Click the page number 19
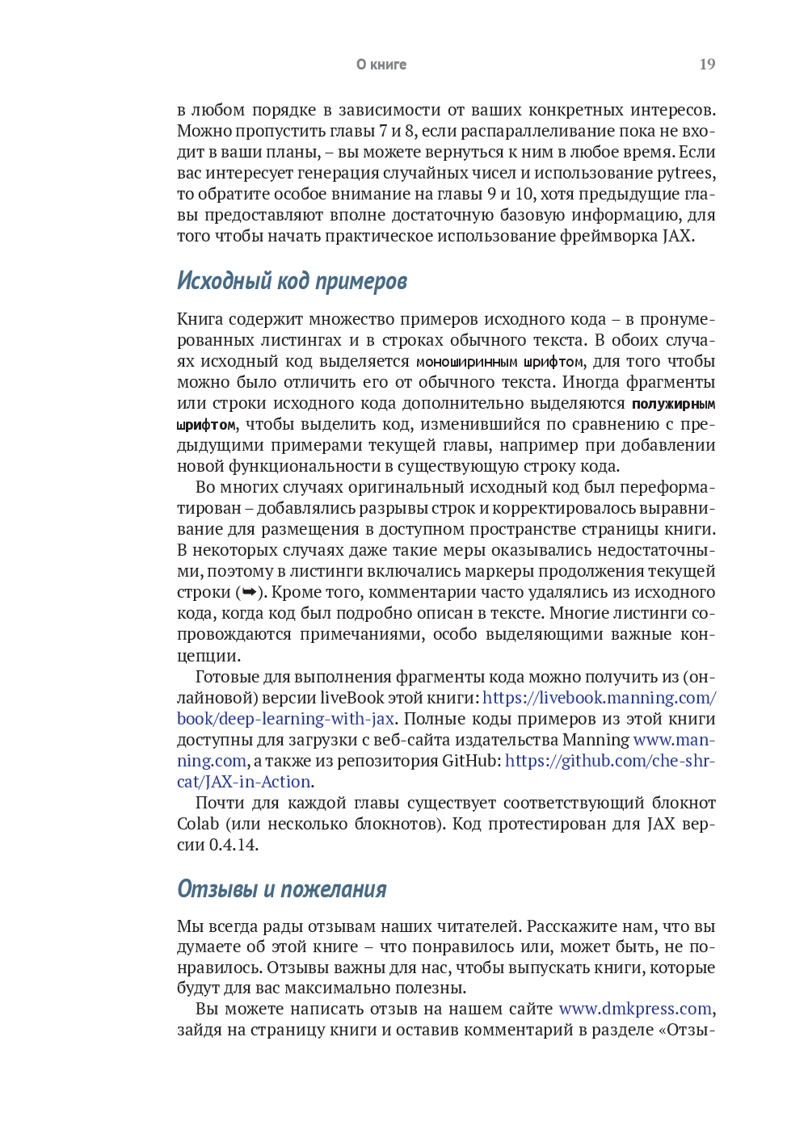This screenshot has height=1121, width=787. click(x=707, y=65)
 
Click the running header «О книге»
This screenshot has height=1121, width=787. click(x=381, y=65)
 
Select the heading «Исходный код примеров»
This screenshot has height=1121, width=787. click(x=292, y=281)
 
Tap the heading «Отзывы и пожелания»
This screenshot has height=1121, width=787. click(x=281, y=889)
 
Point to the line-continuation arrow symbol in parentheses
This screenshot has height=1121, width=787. click(x=250, y=593)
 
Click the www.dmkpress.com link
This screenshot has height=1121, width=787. click(x=635, y=1009)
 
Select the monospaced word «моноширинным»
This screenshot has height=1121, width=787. click(x=466, y=362)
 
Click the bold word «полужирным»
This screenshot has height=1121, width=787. click(x=673, y=404)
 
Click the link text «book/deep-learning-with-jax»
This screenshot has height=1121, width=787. click(x=285, y=719)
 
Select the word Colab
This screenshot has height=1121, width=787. click(x=198, y=824)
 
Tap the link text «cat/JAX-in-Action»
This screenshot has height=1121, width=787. click(x=244, y=782)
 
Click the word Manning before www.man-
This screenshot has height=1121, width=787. click(x=596, y=740)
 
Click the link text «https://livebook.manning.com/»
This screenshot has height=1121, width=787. click(x=599, y=698)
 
